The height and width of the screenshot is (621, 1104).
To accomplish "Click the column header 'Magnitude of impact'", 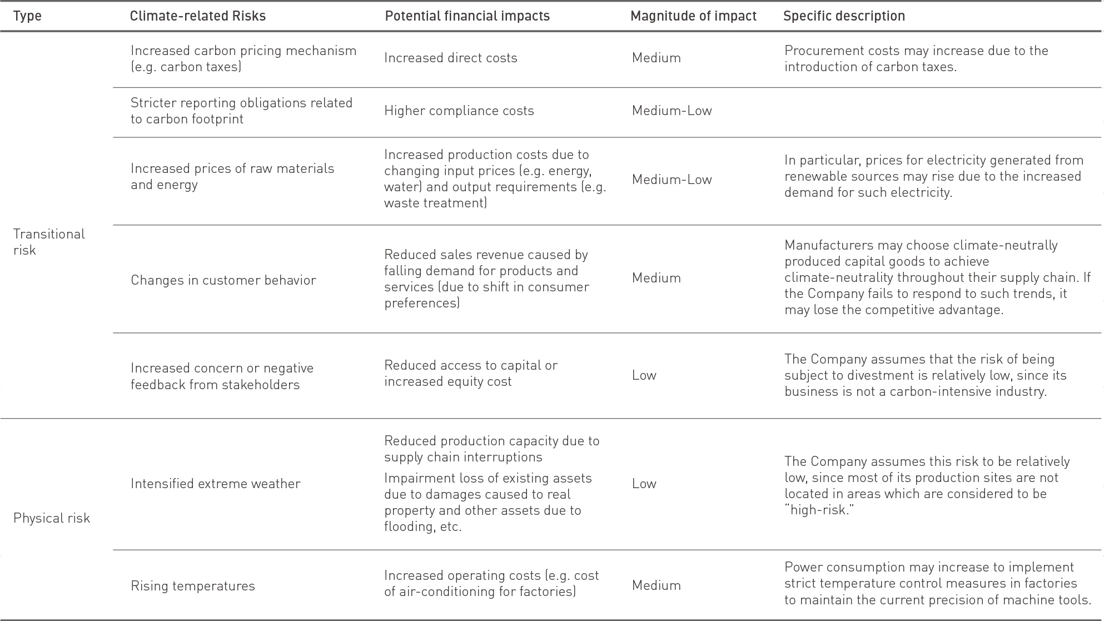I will [x=693, y=16].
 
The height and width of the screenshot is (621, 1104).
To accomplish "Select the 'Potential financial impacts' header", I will [x=467, y=16].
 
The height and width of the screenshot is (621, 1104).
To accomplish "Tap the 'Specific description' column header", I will [x=844, y=16].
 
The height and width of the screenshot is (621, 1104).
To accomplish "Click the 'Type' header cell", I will [x=27, y=16].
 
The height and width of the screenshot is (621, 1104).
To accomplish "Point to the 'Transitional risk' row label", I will [x=49, y=242].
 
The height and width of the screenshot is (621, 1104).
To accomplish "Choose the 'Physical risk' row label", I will [x=51, y=518].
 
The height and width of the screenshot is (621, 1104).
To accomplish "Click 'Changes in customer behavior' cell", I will [x=223, y=280].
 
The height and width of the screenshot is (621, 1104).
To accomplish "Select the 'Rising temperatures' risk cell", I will [x=192, y=586].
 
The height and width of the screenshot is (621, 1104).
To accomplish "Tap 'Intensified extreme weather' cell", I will [x=215, y=484].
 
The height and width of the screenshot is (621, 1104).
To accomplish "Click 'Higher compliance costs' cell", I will [x=459, y=111].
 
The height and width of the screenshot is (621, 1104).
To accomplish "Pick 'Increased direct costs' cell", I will [x=450, y=58].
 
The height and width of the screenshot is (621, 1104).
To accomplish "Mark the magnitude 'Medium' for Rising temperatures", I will [x=656, y=585].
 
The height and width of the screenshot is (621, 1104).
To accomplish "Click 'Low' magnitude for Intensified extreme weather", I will [x=644, y=484].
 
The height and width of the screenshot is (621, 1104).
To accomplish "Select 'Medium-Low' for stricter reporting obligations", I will [x=672, y=111].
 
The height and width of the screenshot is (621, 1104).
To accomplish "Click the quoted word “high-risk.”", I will [x=819, y=510].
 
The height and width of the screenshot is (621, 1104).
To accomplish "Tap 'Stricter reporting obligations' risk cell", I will [x=241, y=111].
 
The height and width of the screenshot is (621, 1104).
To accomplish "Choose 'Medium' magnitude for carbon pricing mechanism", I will [x=656, y=58].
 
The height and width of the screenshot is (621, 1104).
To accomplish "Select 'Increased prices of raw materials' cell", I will [x=232, y=176].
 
